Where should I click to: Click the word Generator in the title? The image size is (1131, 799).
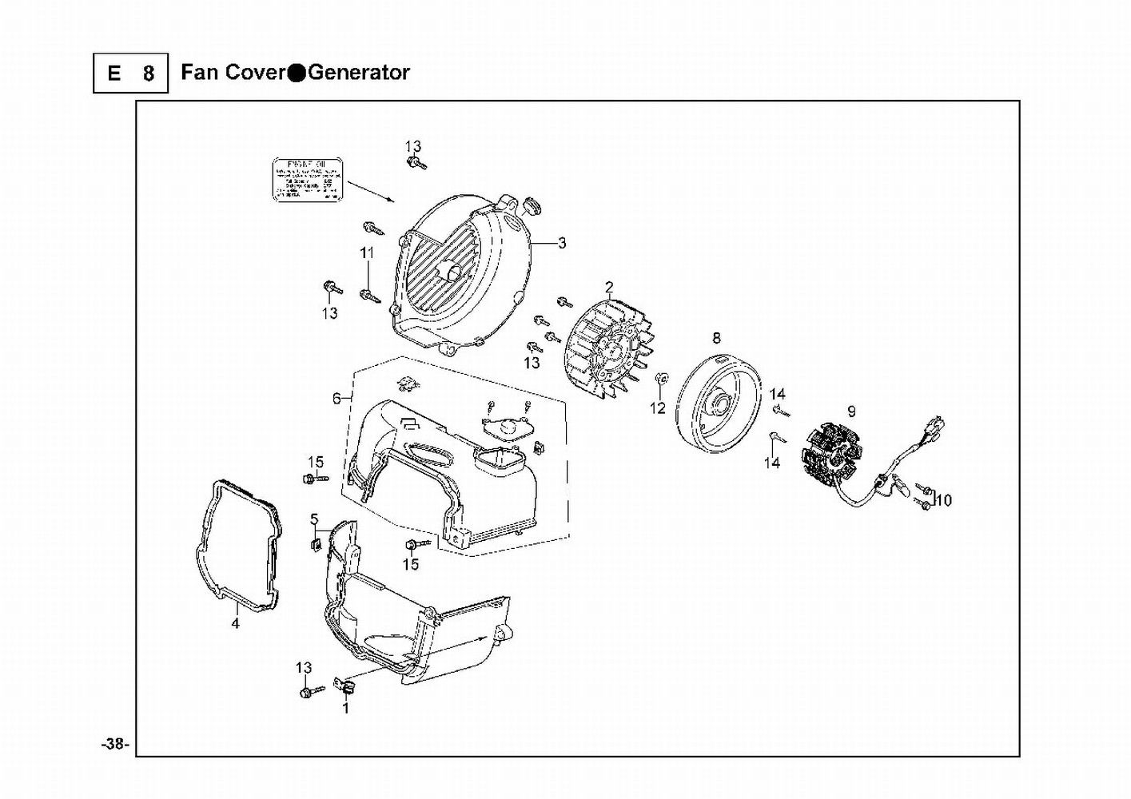(x=359, y=73)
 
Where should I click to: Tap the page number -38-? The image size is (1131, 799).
(x=115, y=744)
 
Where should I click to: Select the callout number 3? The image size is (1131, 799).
(x=562, y=243)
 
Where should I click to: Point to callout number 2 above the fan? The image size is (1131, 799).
(x=609, y=287)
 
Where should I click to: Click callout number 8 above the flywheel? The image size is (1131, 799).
(x=716, y=338)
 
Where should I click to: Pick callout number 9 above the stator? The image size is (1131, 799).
(x=851, y=411)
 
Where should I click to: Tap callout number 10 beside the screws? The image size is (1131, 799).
(x=943, y=501)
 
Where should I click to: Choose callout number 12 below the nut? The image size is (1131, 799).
(x=657, y=409)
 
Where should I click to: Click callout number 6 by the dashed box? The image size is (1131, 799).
(x=337, y=398)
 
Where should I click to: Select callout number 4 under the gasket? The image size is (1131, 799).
(x=235, y=623)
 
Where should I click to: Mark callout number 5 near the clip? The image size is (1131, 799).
(x=314, y=519)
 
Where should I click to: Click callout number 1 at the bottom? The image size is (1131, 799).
(x=345, y=707)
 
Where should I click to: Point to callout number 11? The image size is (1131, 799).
(x=367, y=252)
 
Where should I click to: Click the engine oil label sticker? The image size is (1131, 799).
(x=304, y=181)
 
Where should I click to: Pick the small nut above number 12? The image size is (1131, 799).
(x=660, y=377)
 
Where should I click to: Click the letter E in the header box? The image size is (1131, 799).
(x=114, y=74)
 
